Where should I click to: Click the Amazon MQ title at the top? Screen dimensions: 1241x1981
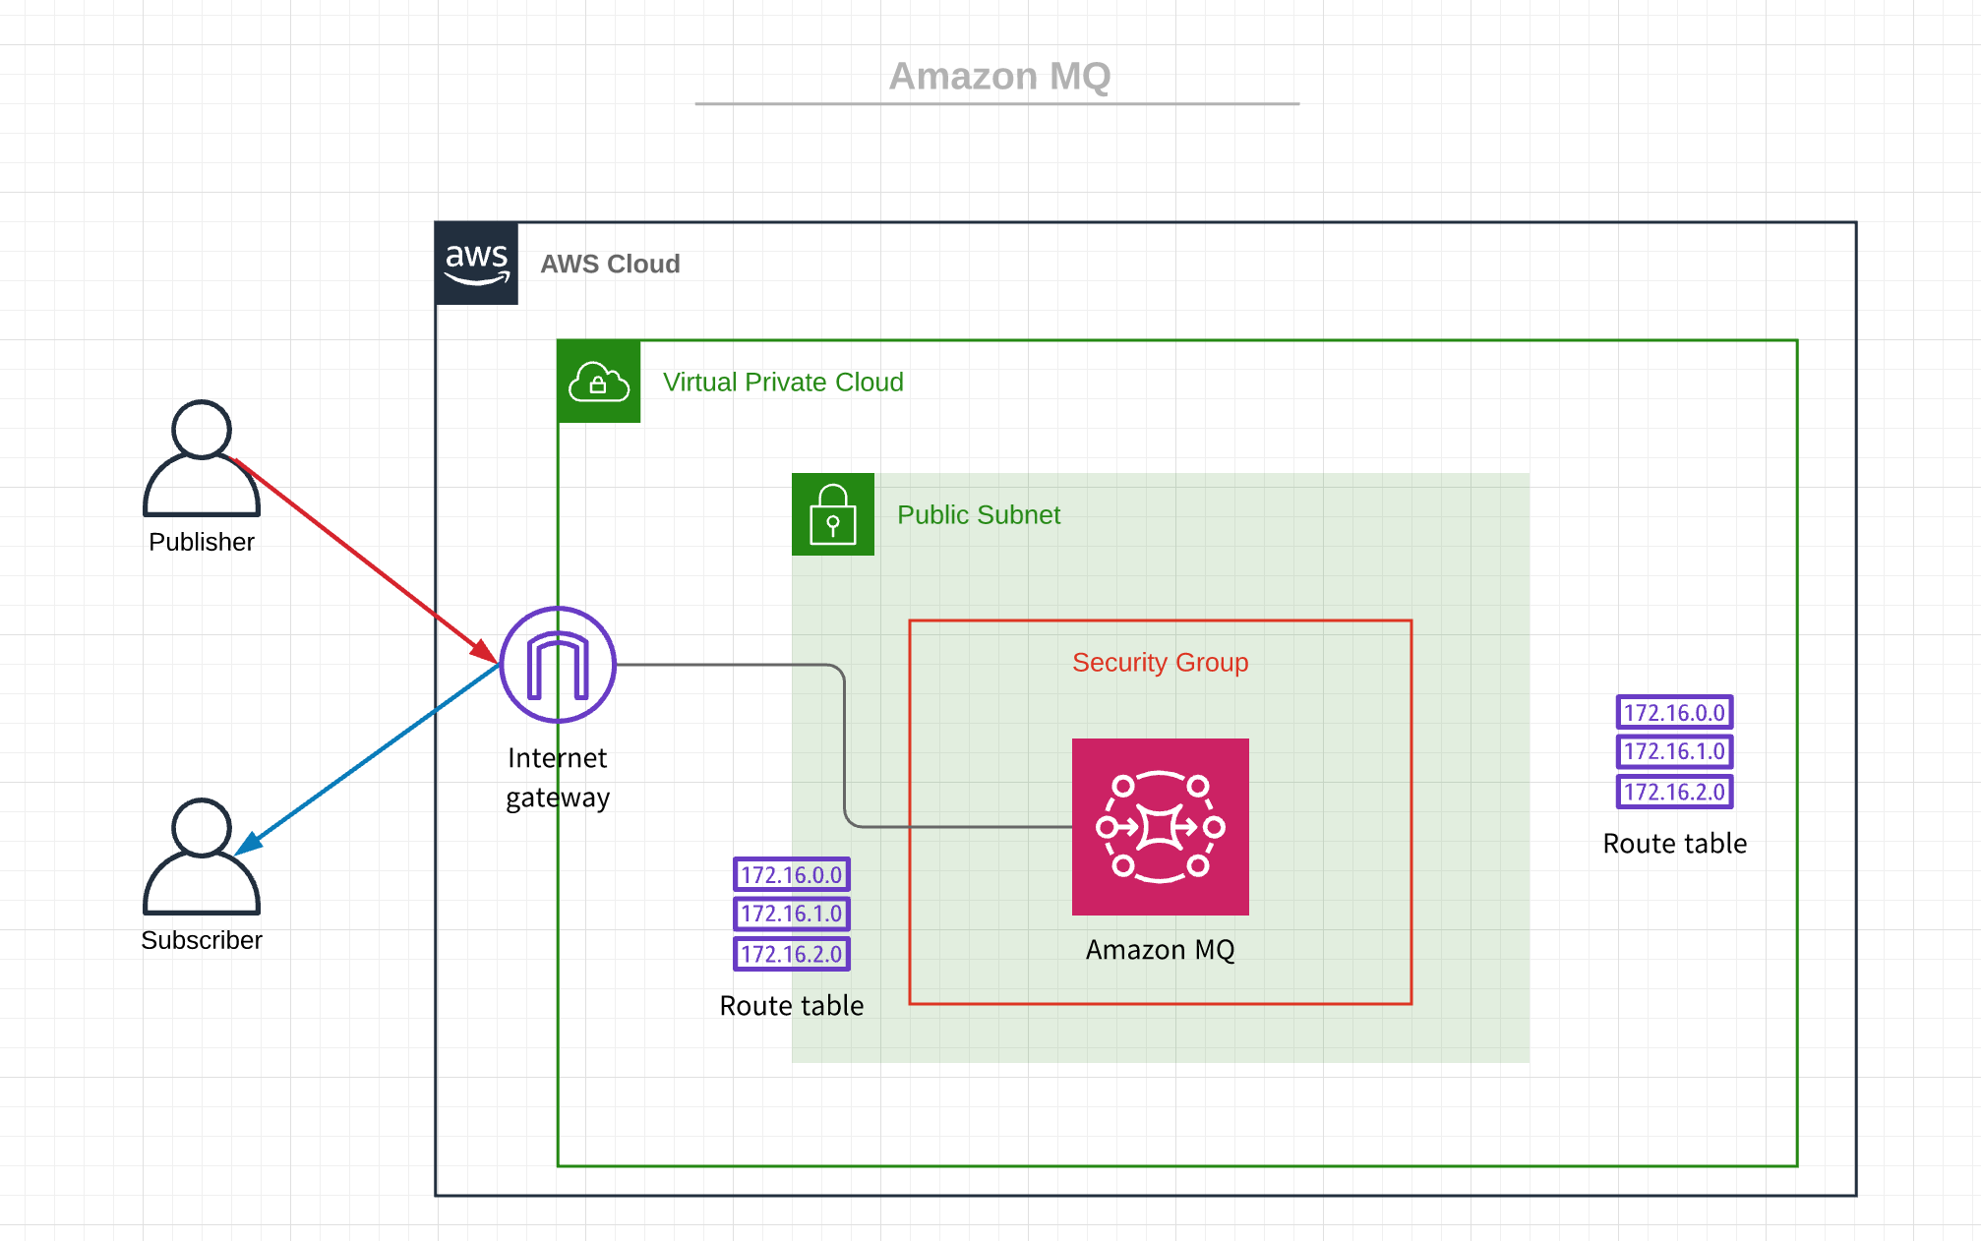(x=999, y=77)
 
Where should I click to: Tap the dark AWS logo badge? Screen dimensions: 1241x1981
(x=477, y=264)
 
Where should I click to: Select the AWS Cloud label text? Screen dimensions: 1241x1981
(x=610, y=265)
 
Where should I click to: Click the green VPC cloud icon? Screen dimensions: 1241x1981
(x=599, y=383)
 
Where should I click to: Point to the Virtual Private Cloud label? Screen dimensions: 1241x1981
(x=783, y=383)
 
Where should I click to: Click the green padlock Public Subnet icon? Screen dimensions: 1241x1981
(x=833, y=514)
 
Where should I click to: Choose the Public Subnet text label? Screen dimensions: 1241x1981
(x=979, y=515)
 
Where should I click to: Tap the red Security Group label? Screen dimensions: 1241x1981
(x=1160, y=663)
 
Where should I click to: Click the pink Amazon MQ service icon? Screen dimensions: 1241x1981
(x=1160, y=827)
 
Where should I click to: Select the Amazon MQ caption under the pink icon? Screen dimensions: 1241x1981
(x=1160, y=950)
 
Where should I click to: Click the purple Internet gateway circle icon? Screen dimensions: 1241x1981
(x=558, y=666)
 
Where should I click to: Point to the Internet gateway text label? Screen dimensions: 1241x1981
(x=558, y=778)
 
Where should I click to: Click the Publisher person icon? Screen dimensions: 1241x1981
(x=202, y=458)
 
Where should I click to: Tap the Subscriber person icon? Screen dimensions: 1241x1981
(x=202, y=857)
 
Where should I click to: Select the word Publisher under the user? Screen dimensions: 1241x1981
(x=202, y=543)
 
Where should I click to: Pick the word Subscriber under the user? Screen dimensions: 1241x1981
(x=202, y=941)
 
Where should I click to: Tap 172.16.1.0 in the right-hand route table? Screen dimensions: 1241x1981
(x=1674, y=752)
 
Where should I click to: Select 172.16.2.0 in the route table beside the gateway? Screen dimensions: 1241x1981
(x=792, y=954)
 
